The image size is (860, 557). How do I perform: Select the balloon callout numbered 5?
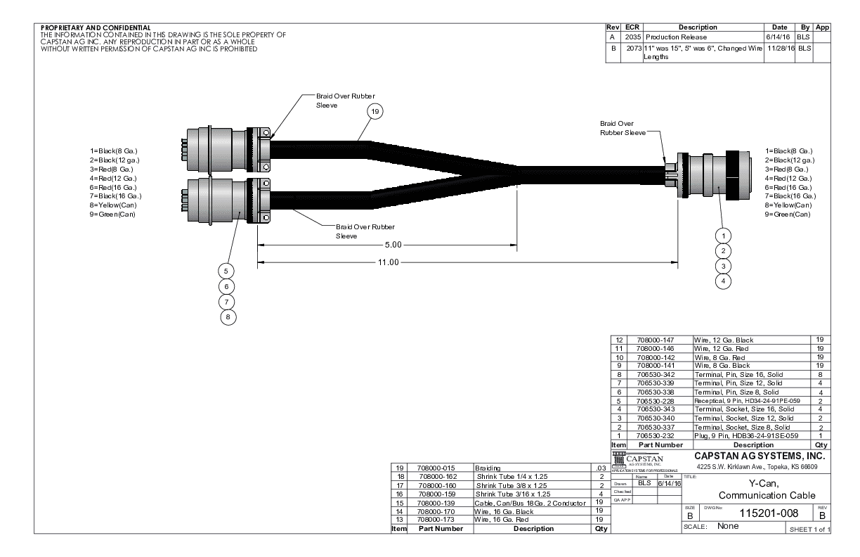(226, 271)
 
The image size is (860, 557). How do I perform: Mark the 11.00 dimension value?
(385, 262)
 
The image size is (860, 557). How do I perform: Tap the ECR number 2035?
(631, 37)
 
